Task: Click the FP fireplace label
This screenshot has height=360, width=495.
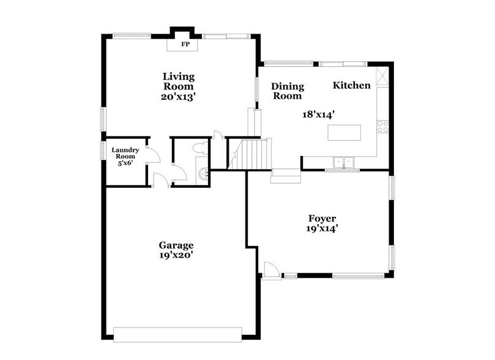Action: click(184, 45)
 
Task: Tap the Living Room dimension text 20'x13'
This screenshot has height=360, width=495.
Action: click(178, 97)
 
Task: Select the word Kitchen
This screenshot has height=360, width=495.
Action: click(351, 86)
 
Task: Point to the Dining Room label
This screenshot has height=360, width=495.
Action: click(287, 91)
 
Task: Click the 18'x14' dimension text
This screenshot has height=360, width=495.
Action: click(318, 114)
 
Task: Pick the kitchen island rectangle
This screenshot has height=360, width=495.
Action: click(344, 132)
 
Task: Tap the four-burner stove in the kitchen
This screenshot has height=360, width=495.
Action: click(383, 126)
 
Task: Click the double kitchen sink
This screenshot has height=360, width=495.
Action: click(343, 162)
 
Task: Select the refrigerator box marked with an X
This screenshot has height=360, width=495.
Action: click(383, 77)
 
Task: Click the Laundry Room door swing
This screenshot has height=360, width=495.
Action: click(153, 155)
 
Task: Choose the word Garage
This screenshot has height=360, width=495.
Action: click(177, 246)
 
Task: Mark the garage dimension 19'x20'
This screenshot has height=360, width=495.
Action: click(177, 256)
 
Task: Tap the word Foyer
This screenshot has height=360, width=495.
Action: click(322, 219)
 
